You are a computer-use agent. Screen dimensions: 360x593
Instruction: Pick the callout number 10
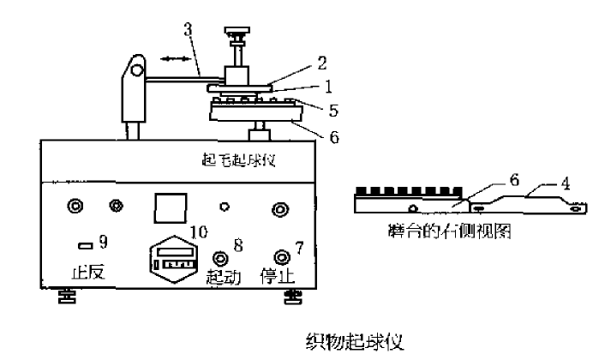[x=199, y=231]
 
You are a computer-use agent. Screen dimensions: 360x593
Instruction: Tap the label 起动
[x=225, y=277]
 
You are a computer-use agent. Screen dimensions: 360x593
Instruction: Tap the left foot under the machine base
[x=65, y=297]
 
